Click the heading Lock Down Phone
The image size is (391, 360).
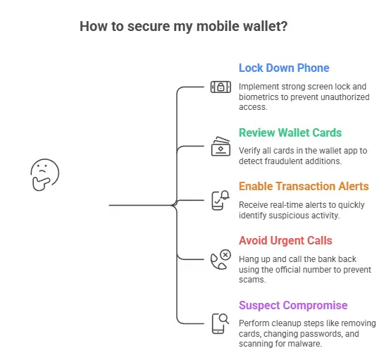tap(284, 68)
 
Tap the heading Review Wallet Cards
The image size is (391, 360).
tap(290, 132)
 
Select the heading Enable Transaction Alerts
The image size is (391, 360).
tap(304, 187)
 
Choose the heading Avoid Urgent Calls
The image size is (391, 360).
tap(285, 240)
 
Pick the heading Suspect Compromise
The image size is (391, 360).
tap(292, 305)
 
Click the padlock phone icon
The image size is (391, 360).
tap(221, 87)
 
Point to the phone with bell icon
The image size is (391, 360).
tap(221, 199)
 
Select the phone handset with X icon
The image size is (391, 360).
tap(221, 259)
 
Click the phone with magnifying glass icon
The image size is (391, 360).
tap(221, 323)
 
